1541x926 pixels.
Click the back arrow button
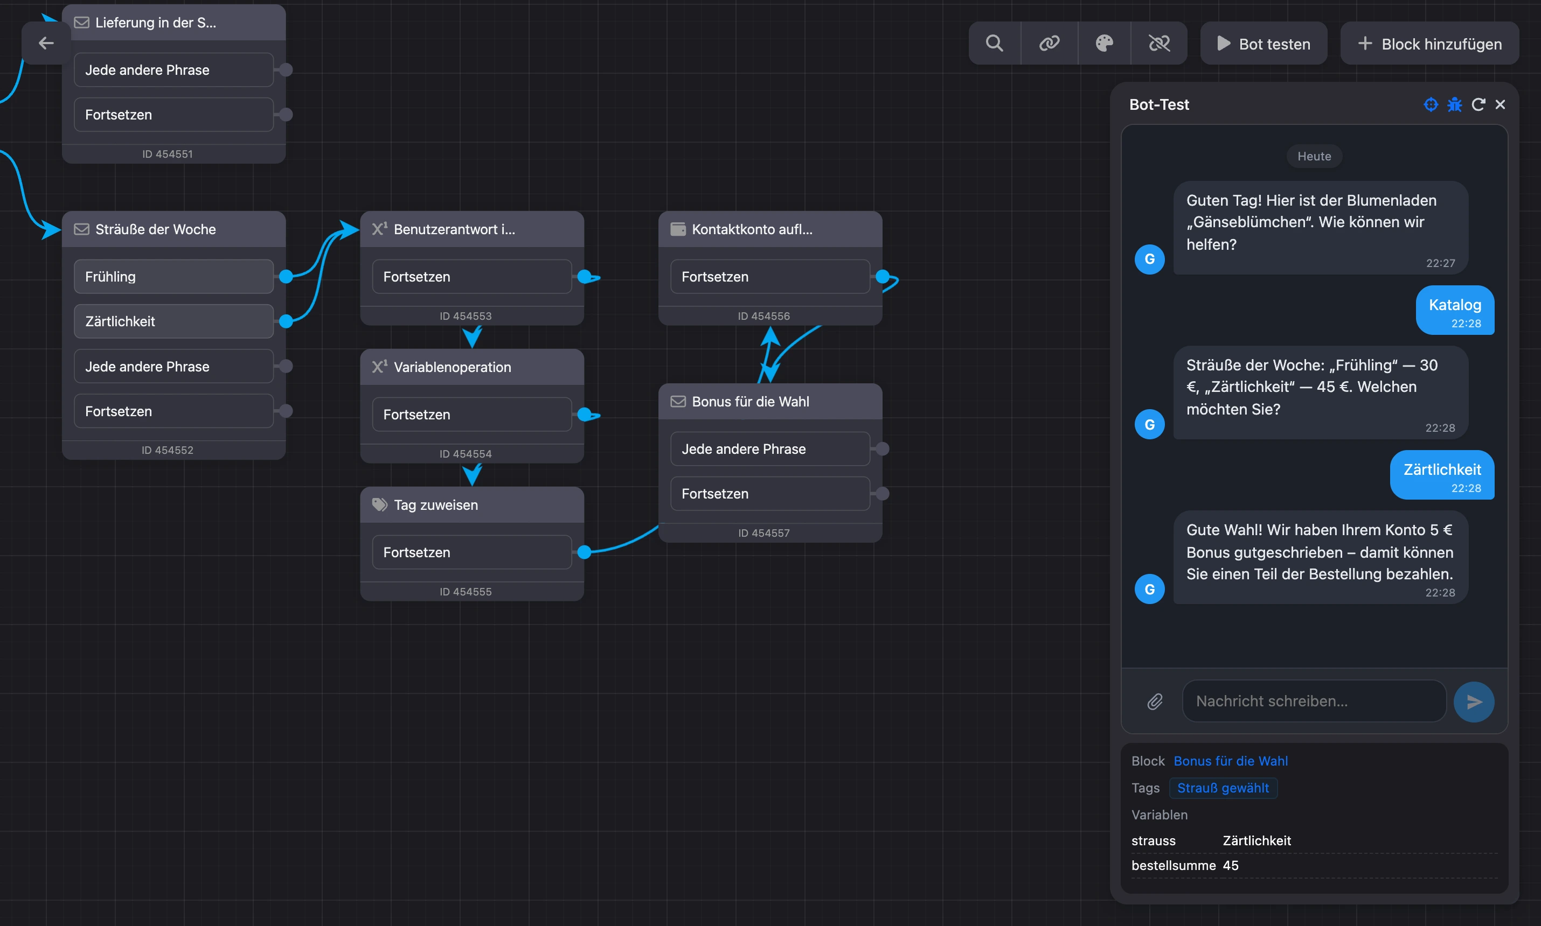46,43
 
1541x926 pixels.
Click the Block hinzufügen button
1429,44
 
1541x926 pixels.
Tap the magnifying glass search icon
994,43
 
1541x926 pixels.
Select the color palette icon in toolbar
1104,43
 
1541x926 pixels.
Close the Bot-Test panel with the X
1500,104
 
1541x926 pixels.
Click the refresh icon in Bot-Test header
1478,104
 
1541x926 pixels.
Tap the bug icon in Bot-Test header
1454,104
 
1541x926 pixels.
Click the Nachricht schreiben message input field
1314,701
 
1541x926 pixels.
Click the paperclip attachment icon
1155,701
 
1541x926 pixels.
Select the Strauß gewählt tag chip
1223,788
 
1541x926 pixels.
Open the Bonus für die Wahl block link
1230,761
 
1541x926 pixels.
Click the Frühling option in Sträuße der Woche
173,276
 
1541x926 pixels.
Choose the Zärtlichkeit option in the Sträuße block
173,321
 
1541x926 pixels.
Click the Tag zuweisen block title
435,505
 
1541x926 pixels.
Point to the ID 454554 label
465,454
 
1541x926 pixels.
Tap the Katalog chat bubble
1455,310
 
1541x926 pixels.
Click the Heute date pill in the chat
1314,156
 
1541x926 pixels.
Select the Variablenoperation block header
472,367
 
